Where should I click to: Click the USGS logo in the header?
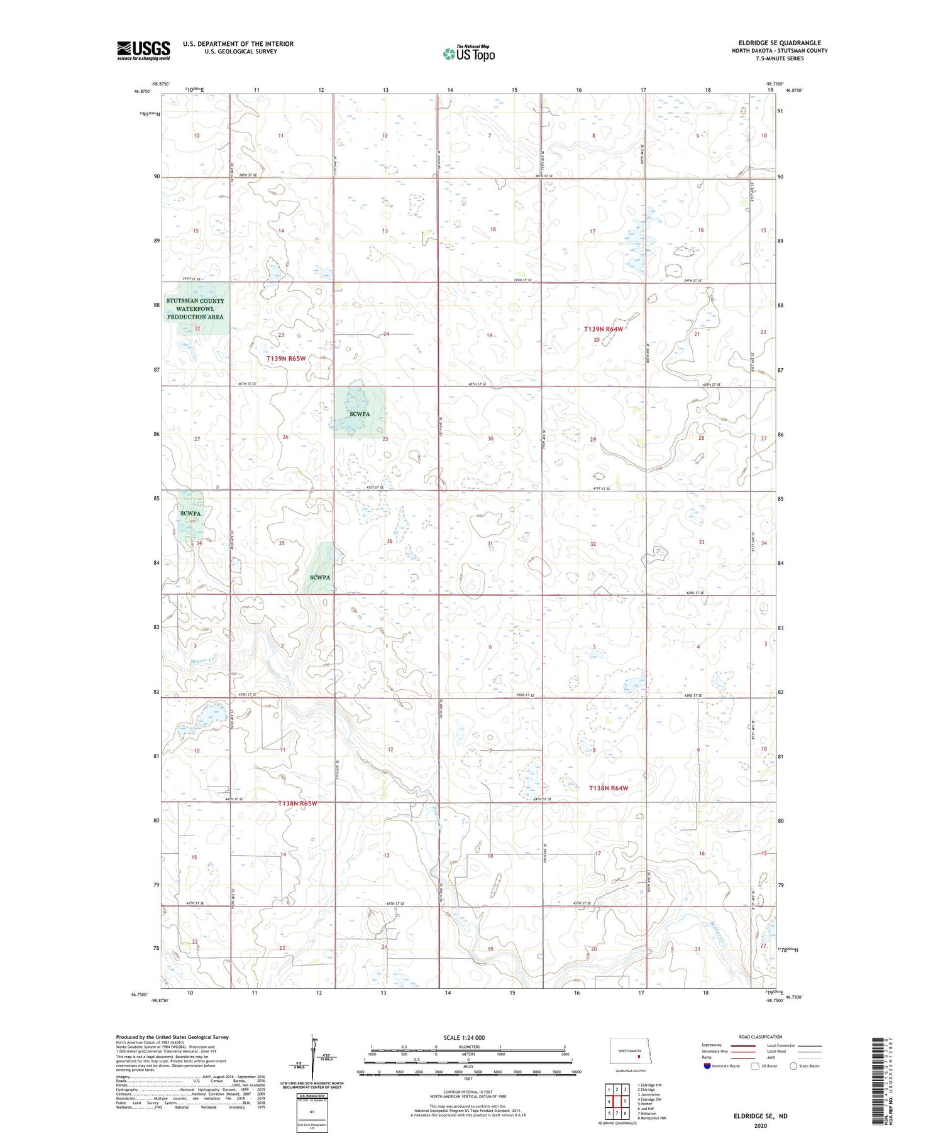143,50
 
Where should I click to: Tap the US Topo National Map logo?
468,53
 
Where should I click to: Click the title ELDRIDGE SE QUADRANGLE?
780,43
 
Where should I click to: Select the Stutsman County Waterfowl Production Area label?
195,309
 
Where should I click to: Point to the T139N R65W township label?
286,359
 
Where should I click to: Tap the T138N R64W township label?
608,788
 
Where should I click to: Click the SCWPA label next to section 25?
360,414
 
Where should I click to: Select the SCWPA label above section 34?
190,513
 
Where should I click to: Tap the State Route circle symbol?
793,1066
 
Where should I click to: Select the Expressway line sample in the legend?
742,1045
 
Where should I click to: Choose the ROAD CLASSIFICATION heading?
761,1037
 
